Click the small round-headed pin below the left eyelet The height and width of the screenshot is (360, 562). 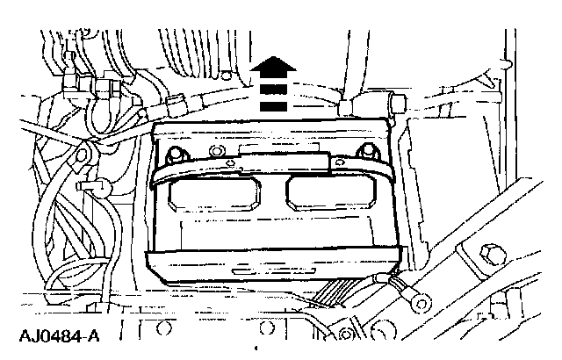101,187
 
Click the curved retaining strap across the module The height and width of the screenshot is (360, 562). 272,170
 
